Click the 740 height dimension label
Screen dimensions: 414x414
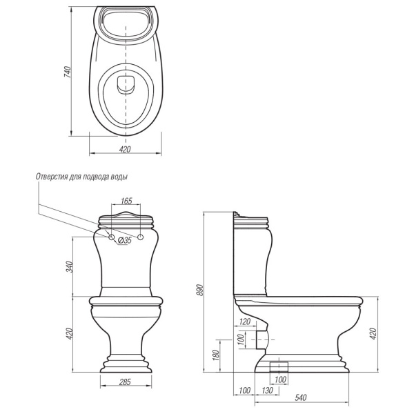click(68, 72)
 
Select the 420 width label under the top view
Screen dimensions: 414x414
click(125, 150)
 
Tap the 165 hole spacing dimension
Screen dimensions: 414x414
click(126, 201)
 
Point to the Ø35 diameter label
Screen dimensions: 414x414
click(125, 240)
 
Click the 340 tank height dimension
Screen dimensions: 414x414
click(69, 266)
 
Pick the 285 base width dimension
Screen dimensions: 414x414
click(125, 382)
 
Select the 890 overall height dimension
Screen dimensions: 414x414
click(200, 290)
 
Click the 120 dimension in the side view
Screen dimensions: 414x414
click(244, 322)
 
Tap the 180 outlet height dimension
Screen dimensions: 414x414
click(216, 355)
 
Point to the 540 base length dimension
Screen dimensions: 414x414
click(301, 397)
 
